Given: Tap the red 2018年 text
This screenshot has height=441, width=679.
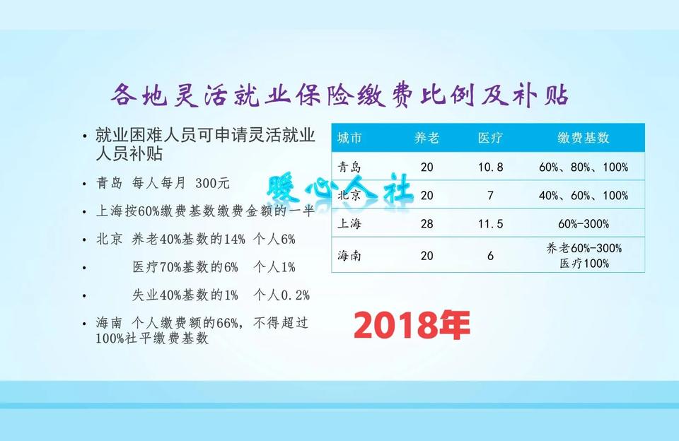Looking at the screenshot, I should pos(412,325).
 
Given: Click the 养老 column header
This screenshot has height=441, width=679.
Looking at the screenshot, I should pos(426,138).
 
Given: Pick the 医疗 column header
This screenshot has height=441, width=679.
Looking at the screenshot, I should pos(490,138).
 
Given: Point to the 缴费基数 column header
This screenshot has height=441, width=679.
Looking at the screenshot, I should pos(583,138).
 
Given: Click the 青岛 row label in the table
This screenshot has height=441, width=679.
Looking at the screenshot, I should pos(350,167).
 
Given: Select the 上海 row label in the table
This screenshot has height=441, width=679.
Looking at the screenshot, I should pos(350,224).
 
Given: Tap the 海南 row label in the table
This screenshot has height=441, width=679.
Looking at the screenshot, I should pos(350,256).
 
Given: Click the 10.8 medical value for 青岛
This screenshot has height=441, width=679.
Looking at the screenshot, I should pos(490,167).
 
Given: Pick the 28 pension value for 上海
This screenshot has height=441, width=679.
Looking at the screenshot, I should pos(426,224).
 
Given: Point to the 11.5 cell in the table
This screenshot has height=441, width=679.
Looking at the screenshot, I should pos(490,224).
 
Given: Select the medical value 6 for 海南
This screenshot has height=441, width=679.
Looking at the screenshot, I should pos(490,256).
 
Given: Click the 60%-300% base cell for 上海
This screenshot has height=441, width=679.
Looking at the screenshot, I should pos(584,224).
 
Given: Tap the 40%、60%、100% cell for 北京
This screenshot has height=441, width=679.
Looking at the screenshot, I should pos(584,196).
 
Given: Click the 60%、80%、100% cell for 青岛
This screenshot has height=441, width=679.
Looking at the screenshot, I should pos(584,167).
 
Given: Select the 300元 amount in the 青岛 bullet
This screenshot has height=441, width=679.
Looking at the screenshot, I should pos(214,183).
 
